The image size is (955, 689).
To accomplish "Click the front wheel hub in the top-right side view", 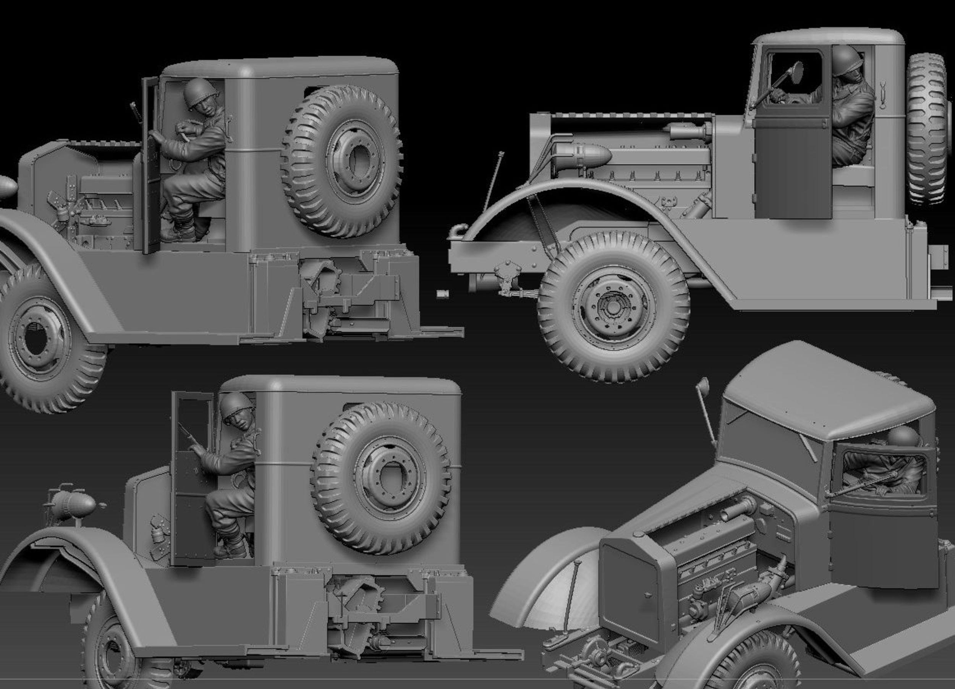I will click(613, 307).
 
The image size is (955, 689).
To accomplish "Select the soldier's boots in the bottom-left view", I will click(230, 547).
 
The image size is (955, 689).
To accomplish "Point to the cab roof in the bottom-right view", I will click(825, 391).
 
